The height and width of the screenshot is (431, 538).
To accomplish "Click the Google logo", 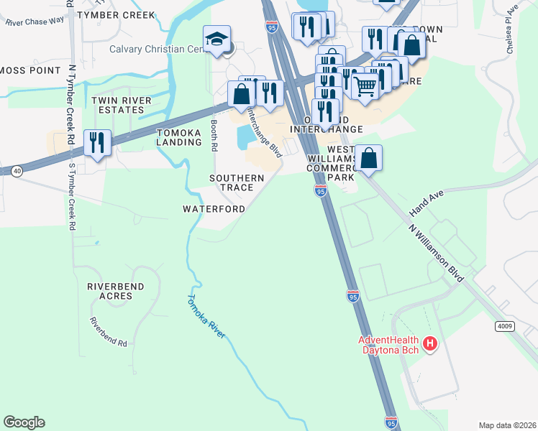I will [x=24, y=422].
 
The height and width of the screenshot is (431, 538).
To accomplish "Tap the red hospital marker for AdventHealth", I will [x=430, y=344].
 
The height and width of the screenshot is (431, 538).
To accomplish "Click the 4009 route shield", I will [x=505, y=326].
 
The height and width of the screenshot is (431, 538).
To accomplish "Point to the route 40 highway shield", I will [x=16, y=170].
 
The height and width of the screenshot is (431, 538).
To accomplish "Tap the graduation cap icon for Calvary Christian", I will [x=216, y=40].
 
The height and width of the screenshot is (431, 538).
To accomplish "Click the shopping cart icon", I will [x=365, y=86].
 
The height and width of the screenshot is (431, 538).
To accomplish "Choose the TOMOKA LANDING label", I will [x=179, y=137].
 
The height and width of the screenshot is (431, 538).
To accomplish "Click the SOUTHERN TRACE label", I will [x=232, y=182].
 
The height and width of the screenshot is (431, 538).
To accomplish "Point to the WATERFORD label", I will [x=214, y=209].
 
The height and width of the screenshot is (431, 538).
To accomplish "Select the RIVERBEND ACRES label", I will [x=115, y=291].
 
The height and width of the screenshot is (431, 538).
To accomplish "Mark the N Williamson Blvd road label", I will [x=437, y=253].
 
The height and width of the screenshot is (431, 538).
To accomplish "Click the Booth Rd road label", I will [x=214, y=135].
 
